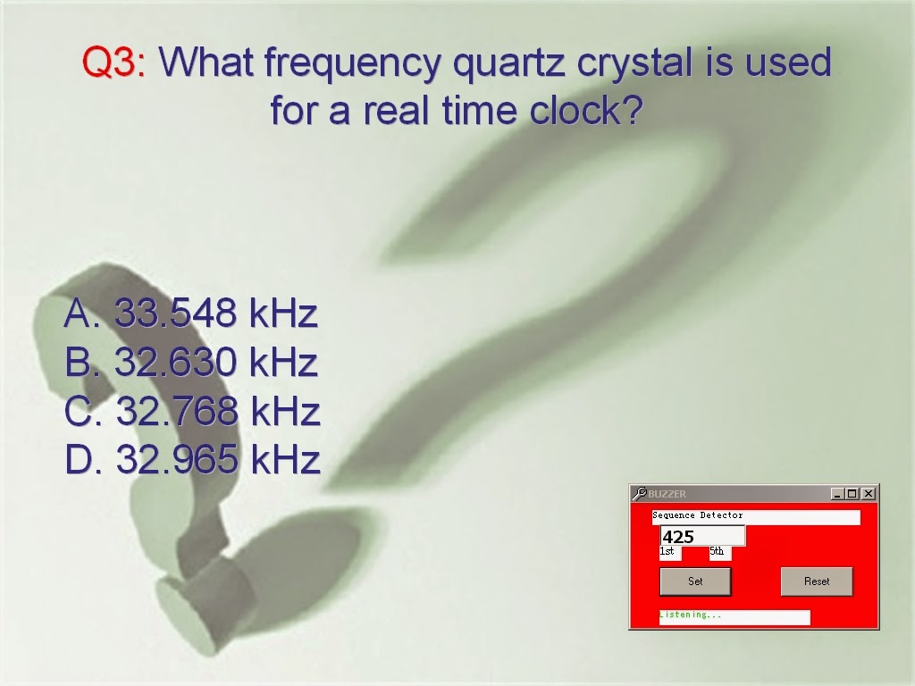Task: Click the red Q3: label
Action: tap(114, 63)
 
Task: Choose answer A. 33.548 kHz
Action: tap(191, 314)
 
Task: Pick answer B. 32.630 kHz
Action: tap(191, 363)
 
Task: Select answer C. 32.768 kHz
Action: tap(192, 412)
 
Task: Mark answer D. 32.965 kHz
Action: tap(192, 460)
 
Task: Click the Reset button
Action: tap(817, 581)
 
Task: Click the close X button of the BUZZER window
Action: tap(869, 493)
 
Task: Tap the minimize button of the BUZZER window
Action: tap(836, 493)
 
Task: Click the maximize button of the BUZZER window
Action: tap(852, 493)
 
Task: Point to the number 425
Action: tap(678, 537)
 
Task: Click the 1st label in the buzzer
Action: tap(667, 552)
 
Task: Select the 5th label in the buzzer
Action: tap(718, 552)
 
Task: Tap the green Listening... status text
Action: tap(690, 615)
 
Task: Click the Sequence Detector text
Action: tap(698, 515)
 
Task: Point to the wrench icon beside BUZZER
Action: tap(639, 493)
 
